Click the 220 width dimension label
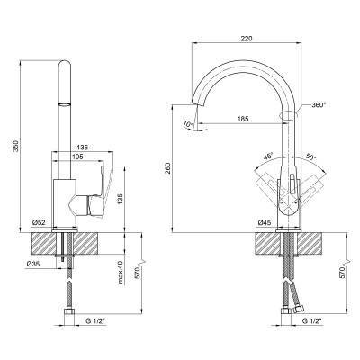tap(246, 39)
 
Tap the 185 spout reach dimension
tap(243, 119)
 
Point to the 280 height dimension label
tap(168, 168)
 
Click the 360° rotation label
tap(319, 105)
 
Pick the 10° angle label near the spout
tap(188, 123)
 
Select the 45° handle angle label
tap(268, 157)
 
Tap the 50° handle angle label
tap(311, 157)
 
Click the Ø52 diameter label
tap(39, 222)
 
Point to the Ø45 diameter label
tap(265, 222)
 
